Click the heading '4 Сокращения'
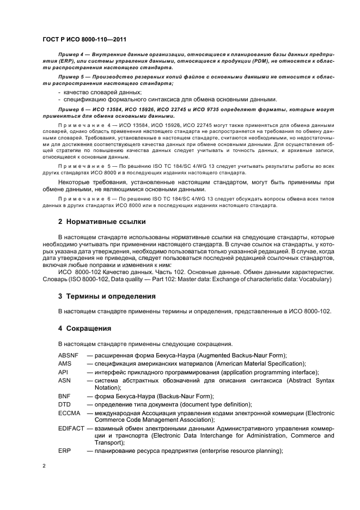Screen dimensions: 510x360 click(x=85, y=329)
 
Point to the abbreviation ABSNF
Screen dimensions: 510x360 click(x=69, y=355)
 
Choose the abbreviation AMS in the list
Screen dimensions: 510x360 click(x=65, y=363)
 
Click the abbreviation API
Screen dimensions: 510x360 click(x=63, y=372)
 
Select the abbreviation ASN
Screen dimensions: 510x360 click(x=64, y=380)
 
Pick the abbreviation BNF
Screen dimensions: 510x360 click(x=64, y=396)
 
